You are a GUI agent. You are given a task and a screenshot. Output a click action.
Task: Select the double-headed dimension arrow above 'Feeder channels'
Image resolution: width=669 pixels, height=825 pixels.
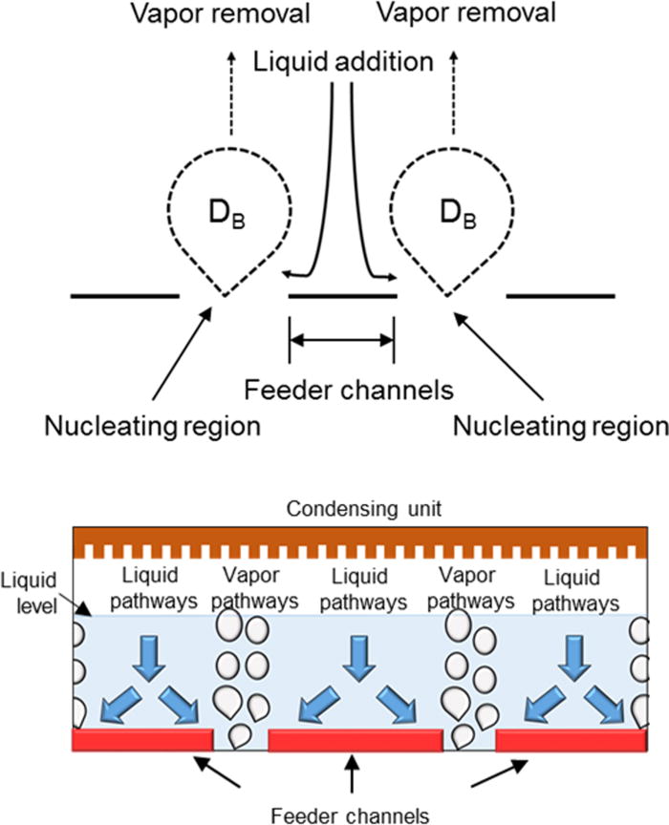click(341, 338)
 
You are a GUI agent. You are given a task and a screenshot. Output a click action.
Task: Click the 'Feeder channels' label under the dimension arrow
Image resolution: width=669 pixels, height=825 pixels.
click(342, 390)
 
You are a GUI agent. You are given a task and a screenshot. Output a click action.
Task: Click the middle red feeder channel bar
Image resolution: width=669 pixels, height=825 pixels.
click(355, 739)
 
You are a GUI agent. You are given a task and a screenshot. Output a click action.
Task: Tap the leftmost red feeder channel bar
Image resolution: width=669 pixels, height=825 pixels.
click(142, 739)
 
